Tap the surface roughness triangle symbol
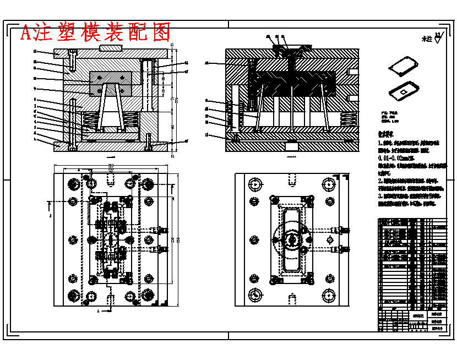click(438, 38)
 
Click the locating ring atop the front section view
click(110, 48)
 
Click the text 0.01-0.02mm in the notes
click(398, 158)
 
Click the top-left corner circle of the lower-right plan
click(254, 183)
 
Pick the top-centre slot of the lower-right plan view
click(291, 179)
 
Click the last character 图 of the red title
click(161, 33)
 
